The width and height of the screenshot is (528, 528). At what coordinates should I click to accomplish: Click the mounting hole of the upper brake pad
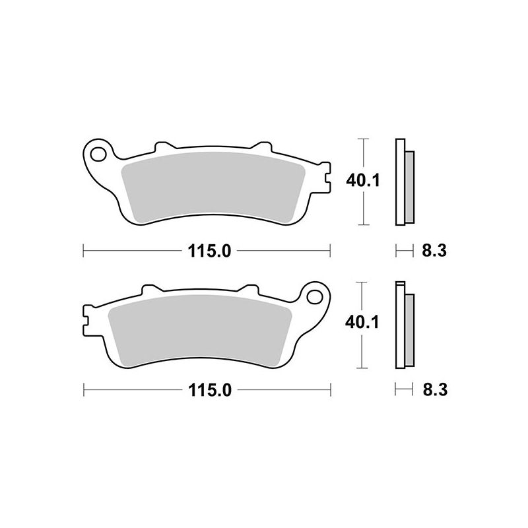click(x=98, y=154)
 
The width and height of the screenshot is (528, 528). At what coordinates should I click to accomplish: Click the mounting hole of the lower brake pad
click(x=315, y=296)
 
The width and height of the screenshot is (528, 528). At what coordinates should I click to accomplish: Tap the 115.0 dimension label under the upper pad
click(x=209, y=251)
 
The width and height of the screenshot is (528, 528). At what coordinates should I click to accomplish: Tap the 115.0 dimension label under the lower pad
click(x=210, y=391)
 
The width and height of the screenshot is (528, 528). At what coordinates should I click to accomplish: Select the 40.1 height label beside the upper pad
click(x=363, y=181)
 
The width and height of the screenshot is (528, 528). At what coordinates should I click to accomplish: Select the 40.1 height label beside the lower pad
click(x=362, y=322)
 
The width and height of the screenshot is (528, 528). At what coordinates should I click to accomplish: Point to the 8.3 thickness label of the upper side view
click(x=434, y=251)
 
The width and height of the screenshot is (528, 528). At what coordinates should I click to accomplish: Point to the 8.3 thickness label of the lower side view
click(x=435, y=391)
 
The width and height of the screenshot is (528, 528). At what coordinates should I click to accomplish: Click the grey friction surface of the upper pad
click(x=213, y=187)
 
